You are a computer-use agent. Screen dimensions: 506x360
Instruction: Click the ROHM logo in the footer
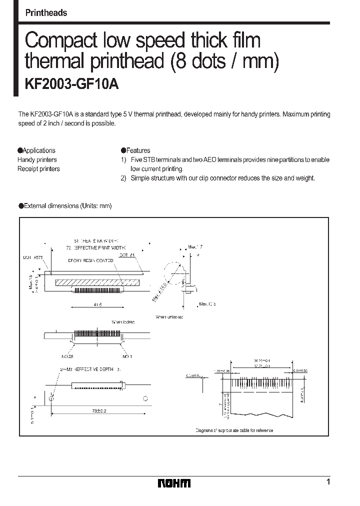(174, 483)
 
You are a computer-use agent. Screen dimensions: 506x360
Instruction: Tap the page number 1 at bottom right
(328, 482)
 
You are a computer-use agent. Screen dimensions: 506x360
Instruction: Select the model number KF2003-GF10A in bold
(71, 84)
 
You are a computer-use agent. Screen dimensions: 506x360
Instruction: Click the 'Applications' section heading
(37, 150)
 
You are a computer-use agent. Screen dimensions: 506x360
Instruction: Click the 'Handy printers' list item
(37, 160)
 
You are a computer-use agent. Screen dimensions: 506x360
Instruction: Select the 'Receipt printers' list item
(38, 169)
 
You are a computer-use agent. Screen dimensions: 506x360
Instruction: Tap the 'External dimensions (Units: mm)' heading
(65, 206)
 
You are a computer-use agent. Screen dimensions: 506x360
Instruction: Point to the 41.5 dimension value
(98, 304)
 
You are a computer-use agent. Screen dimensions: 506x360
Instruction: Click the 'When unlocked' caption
(169, 317)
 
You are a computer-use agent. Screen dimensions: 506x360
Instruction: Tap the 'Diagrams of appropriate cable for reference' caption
(234, 430)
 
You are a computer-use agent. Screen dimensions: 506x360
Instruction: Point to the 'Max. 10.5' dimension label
(207, 303)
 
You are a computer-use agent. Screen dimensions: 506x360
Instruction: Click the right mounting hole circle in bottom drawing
(145, 398)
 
